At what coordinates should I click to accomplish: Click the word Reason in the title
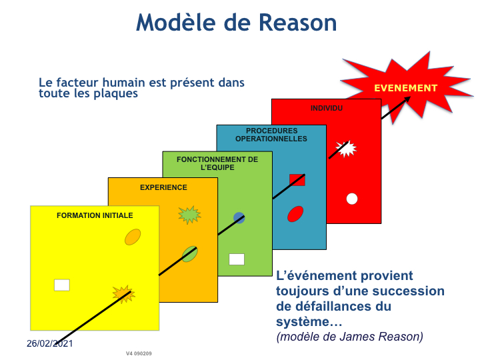[297, 23]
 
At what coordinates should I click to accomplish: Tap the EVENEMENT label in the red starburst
[405, 88]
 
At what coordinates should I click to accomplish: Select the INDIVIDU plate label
[326, 108]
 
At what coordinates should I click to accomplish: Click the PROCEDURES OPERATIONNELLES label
[271, 135]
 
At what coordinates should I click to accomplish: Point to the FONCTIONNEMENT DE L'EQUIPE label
[217, 163]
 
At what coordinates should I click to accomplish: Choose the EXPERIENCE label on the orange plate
[163, 187]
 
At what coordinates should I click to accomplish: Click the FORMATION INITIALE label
[95, 215]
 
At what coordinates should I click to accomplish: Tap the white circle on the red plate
[352, 199]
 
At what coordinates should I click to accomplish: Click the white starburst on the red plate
[346, 149]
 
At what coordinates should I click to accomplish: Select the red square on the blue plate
[297, 180]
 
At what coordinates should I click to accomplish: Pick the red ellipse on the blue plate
[295, 214]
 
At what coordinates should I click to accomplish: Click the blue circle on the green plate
[239, 217]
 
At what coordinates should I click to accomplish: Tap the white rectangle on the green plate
[237, 259]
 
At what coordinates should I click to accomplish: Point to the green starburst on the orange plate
[189, 215]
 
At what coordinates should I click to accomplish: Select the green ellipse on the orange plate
[190, 254]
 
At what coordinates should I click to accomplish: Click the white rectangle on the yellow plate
[62, 285]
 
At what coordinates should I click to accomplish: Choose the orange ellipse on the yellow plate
[133, 237]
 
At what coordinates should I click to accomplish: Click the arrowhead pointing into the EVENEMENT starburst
[407, 99]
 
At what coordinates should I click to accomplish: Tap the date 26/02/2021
[49, 343]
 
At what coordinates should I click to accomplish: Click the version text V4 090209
[139, 353]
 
